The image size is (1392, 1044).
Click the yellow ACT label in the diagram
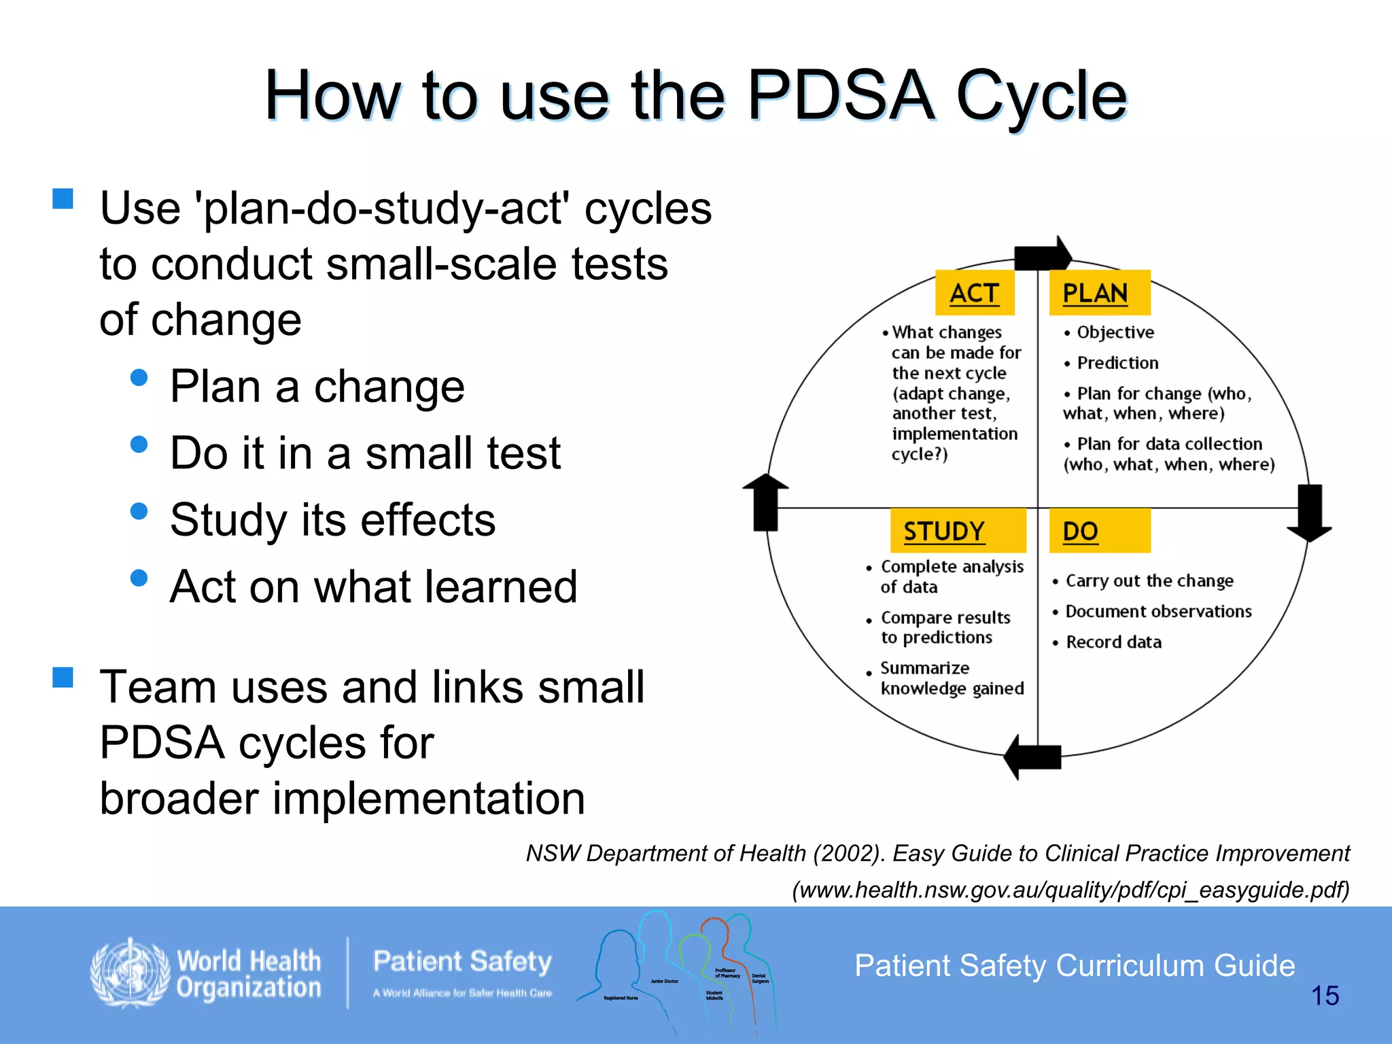click(x=975, y=293)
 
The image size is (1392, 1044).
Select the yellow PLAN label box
click(x=1099, y=293)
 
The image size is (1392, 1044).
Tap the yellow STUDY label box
click(x=958, y=531)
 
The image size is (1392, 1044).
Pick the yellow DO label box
click(x=1099, y=531)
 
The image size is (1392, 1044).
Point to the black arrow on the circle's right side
click(x=1310, y=512)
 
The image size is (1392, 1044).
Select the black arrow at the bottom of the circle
click(x=1033, y=756)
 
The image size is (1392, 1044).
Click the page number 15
click(x=1325, y=996)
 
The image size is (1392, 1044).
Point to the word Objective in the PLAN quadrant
click(x=1115, y=332)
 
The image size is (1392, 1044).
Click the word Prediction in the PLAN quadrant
click(x=1117, y=363)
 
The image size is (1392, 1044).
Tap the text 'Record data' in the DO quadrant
click(x=1113, y=642)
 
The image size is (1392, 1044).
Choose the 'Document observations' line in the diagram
click(x=1158, y=612)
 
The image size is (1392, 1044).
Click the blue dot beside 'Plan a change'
click(x=139, y=378)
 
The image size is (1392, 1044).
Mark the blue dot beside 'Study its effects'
click(x=139, y=511)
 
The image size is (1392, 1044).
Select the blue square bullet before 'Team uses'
click(x=63, y=677)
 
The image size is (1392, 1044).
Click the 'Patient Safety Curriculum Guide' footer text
click(x=1075, y=966)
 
